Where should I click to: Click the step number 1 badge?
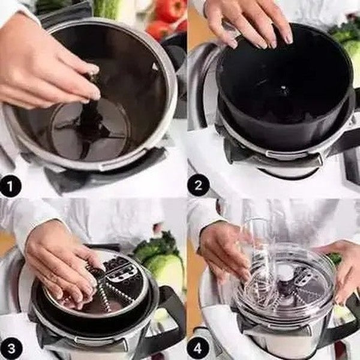[x=11, y=185]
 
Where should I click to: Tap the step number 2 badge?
[x=199, y=185]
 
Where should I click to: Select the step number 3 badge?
[x=11, y=349]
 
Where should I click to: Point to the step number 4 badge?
[x=199, y=349]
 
